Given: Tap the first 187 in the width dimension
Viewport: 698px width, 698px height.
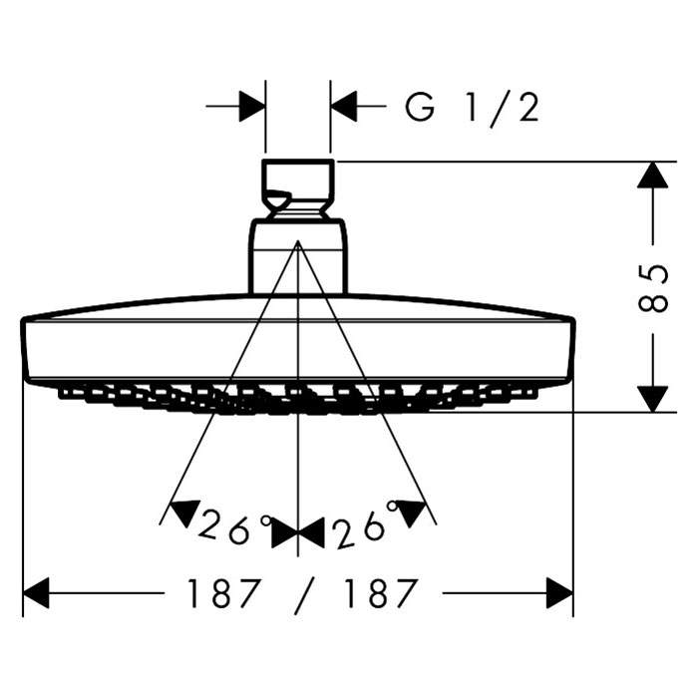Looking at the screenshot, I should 223,595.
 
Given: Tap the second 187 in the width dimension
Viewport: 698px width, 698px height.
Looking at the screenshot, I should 378,595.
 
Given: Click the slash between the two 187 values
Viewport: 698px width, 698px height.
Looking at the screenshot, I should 301,595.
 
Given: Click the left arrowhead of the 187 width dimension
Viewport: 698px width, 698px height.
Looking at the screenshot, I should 36,596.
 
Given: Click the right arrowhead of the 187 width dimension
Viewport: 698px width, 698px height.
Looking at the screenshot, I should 559,596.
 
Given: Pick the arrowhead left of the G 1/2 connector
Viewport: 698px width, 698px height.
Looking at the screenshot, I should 252,106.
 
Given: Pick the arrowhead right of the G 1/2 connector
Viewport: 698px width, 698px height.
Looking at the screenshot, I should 344,106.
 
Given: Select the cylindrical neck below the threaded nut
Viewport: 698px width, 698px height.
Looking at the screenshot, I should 298,256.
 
